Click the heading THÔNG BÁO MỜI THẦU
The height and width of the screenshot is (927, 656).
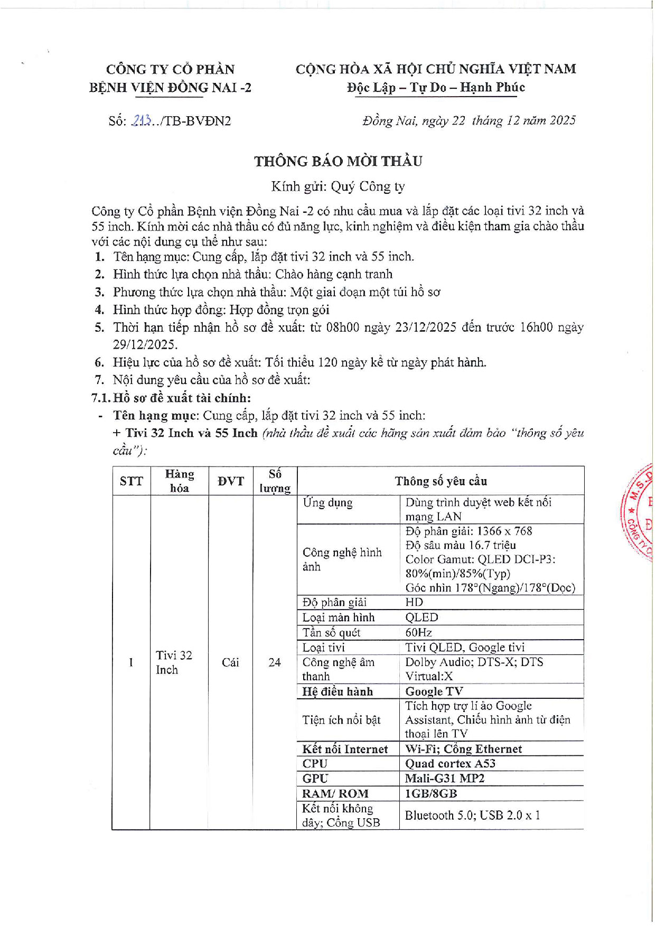[x=338, y=161]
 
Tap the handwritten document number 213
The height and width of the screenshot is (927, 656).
[x=142, y=121]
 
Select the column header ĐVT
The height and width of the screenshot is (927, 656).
[x=231, y=481]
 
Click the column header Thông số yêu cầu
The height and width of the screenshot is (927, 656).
[x=441, y=481]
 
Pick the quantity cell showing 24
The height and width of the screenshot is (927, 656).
[x=275, y=662]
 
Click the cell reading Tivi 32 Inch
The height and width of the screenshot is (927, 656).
[x=174, y=662]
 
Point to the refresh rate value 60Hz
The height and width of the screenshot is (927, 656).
[x=419, y=632]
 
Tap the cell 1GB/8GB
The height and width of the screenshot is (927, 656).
[x=430, y=793]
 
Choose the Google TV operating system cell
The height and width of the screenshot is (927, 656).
[x=434, y=691]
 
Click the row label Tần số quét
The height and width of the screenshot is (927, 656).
[x=331, y=632]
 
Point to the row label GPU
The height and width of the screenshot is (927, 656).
[x=315, y=778]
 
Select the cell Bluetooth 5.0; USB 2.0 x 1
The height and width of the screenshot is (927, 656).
[x=472, y=815]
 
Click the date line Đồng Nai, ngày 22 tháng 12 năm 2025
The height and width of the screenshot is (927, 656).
[x=468, y=121]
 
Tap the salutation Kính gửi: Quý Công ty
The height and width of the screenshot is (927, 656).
[x=338, y=186]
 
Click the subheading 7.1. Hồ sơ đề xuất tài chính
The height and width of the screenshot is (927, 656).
[x=171, y=398]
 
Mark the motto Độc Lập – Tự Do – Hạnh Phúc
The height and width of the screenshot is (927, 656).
[x=436, y=87]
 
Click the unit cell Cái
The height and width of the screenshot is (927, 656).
[x=230, y=662]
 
